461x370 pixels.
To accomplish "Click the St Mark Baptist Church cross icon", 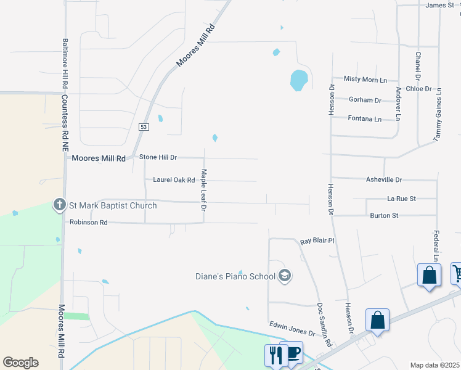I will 59,205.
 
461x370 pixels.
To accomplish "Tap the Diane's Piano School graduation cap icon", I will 284,276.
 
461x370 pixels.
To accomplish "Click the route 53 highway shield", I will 144,126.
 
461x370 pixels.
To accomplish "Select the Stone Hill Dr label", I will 158,158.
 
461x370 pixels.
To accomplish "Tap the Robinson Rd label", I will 88,222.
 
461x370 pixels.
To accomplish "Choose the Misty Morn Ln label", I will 365,80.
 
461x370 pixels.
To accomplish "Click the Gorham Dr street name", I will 365,100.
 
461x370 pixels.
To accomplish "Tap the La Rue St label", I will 401,199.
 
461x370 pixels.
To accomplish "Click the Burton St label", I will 384,215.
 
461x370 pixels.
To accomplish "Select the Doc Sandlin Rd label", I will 324,324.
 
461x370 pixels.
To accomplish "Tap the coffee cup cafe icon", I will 293,352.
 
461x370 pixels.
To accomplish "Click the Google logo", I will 20,363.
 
